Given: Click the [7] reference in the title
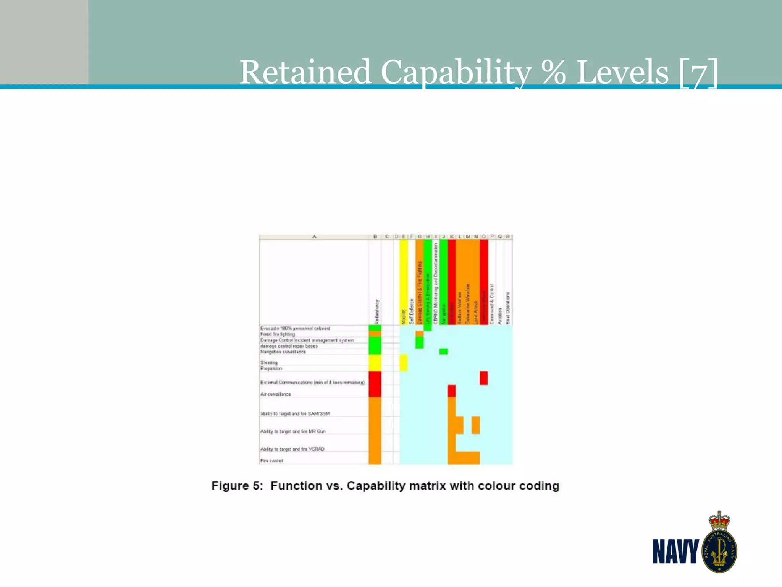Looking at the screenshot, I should [698, 73].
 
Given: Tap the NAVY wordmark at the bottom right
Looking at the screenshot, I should [675, 551].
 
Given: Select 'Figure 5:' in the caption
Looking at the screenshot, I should [237, 486].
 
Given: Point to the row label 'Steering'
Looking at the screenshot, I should [269, 362].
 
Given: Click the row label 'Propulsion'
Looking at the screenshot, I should [271, 368].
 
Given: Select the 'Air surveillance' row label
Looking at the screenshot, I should [276, 394].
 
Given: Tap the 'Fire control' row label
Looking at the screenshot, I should [272, 461].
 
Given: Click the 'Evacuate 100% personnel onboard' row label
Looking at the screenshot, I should [295, 328].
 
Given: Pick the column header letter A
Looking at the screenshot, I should [314, 237].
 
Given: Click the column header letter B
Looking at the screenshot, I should [375, 237].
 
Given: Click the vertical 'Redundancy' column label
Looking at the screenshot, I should [377, 311].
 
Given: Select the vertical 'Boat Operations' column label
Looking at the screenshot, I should [508, 308].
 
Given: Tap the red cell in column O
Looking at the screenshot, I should [484, 378].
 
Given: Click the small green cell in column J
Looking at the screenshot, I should [443, 351].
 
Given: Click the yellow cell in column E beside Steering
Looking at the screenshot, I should [404, 362].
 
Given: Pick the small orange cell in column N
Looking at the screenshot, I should [475, 425].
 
